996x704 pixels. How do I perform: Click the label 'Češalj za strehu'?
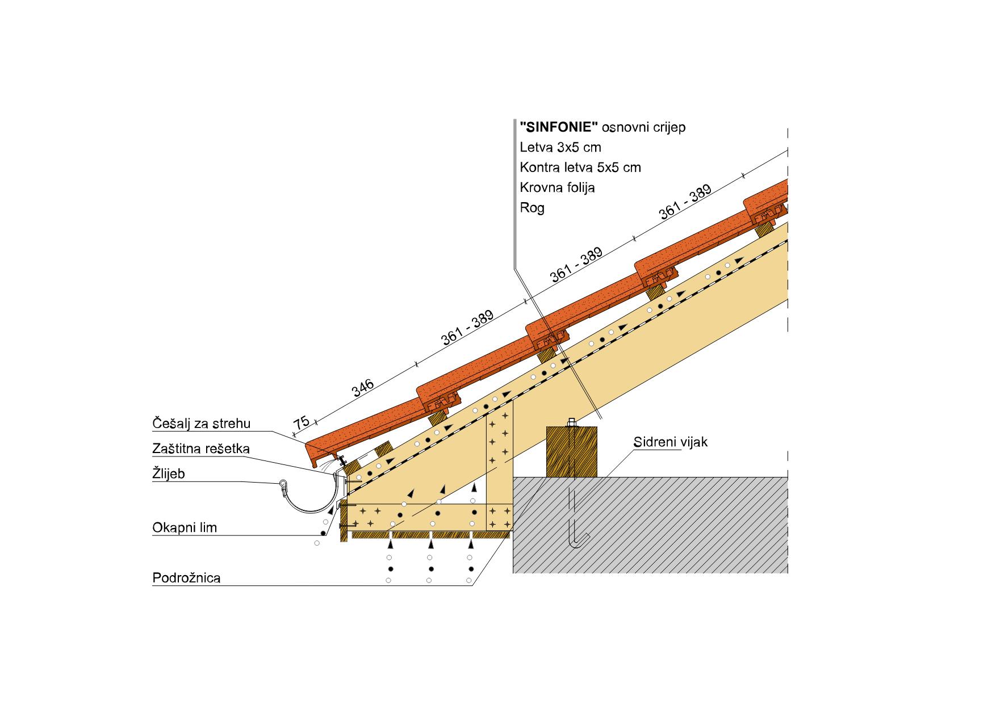[x=201, y=424]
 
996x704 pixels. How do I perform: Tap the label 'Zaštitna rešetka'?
[x=201, y=449]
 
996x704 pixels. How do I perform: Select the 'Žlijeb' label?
[x=169, y=473]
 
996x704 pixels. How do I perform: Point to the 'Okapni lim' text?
[x=185, y=528]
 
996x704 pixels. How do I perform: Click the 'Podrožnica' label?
[x=186, y=578]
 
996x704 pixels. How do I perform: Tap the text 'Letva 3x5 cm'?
[x=560, y=147]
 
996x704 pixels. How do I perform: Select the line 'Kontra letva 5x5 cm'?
[x=580, y=167]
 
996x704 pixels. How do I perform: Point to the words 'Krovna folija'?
[x=557, y=187]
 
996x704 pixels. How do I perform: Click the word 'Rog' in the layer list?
[x=532, y=208]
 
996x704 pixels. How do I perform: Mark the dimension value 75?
[x=302, y=424]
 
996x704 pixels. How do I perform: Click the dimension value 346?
[x=363, y=389]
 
